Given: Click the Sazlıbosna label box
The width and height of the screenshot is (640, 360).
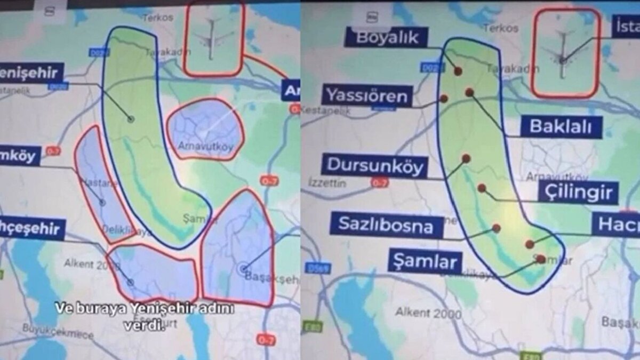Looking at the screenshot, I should (387, 226).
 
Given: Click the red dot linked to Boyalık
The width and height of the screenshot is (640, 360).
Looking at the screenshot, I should (458, 71).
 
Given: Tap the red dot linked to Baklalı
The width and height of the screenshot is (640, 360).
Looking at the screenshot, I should (469, 92).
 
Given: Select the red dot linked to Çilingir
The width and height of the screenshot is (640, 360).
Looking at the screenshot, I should (482, 188).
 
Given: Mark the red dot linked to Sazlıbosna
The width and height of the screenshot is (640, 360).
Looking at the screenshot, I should (497, 228).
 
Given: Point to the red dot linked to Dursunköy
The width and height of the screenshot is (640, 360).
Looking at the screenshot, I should (466, 158).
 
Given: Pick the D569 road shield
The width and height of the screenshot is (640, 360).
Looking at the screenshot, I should (319, 268).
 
